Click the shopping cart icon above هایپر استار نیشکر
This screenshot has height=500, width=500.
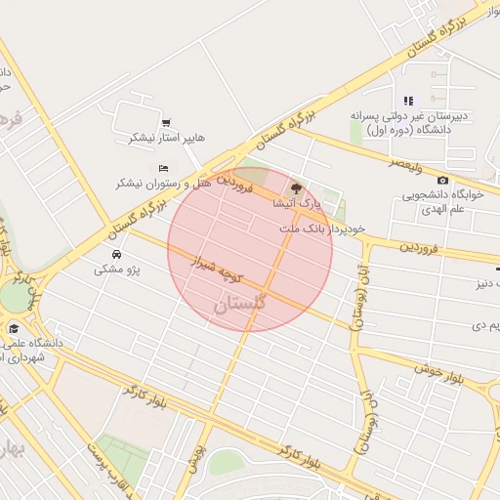click(166, 123)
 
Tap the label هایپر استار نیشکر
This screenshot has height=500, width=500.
click(167, 138)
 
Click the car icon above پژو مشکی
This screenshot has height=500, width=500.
click(116, 254)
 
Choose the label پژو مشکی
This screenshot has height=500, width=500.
click(117, 269)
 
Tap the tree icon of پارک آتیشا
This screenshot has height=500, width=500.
click(297, 187)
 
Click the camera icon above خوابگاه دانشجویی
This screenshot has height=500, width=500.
click(442, 181)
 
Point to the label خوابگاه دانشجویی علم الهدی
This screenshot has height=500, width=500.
click(442, 201)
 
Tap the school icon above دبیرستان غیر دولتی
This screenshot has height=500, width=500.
click(408, 101)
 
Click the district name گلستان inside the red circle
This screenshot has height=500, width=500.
click(238, 305)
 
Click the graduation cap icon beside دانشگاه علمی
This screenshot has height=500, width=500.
click(15, 329)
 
